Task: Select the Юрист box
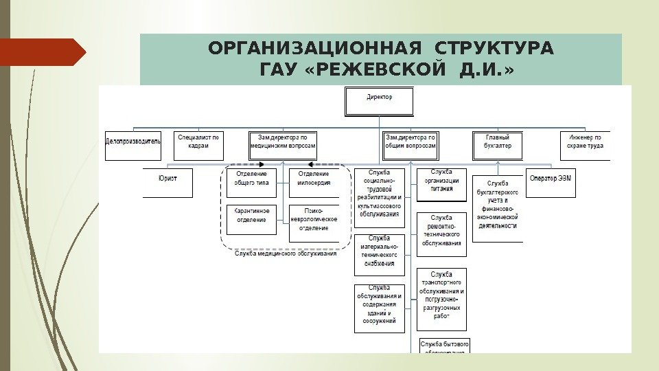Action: tap(168, 183)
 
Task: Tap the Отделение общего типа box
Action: tap(251, 183)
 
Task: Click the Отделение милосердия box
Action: tap(314, 183)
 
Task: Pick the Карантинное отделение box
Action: tap(251, 219)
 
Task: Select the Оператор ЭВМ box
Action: tap(551, 183)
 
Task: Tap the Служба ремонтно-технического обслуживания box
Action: tap(441, 229)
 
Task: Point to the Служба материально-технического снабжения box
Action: tap(380, 254)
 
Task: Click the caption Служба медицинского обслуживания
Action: tap(286, 254)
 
